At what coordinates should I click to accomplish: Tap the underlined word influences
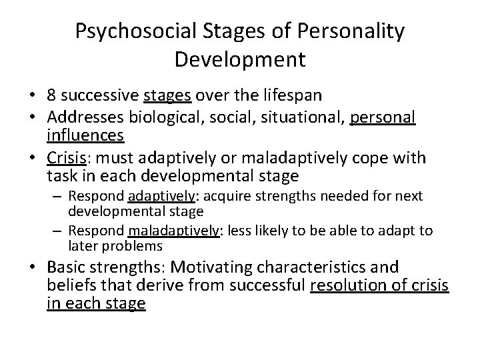coord(86,136)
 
